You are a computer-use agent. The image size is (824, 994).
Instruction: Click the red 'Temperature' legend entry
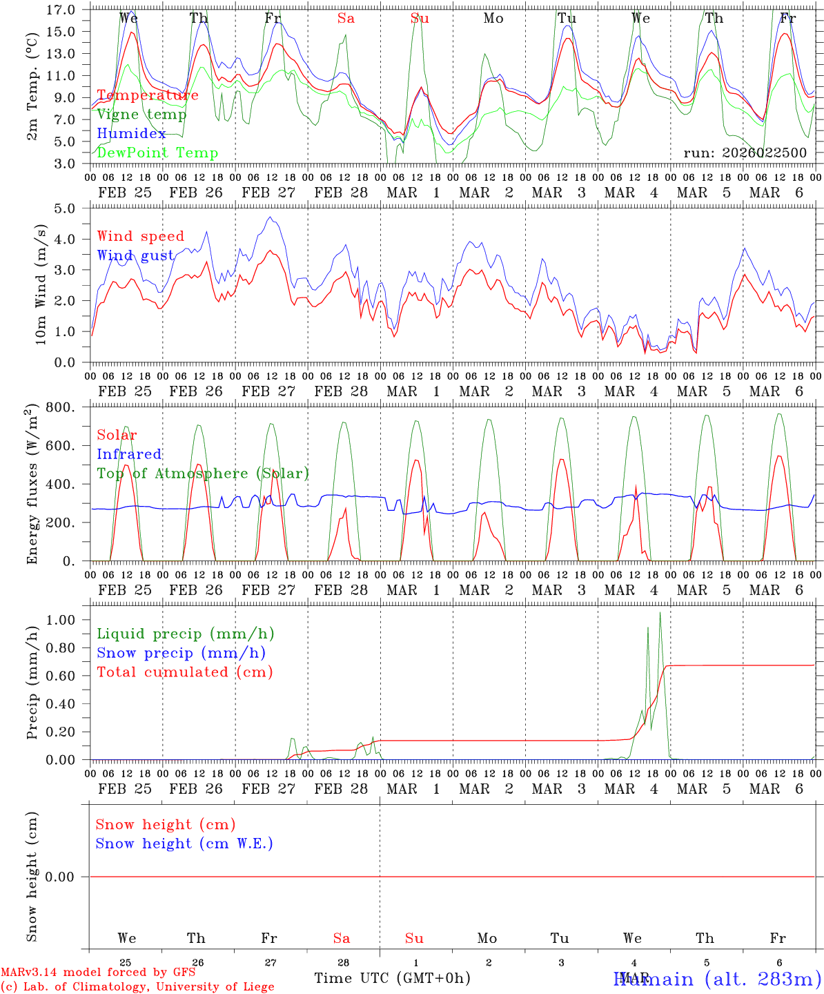coord(148,95)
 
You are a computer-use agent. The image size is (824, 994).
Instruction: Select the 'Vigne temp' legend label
coord(141,115)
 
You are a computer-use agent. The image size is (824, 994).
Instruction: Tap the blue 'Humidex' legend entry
coord(131,134)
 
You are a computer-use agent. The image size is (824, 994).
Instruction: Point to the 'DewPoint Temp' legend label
coord(157,153)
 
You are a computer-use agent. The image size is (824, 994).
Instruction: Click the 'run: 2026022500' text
coord(745,153)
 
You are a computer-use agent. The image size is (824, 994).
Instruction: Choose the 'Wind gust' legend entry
coord(135,255)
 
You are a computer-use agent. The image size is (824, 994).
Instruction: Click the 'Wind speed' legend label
coord(141,236)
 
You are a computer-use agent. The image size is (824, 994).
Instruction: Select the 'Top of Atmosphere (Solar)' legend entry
coord(203,474)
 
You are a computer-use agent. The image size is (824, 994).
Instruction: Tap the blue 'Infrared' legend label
coord(129,454)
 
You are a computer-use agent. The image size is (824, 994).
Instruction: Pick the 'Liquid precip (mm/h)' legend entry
coord(186,634)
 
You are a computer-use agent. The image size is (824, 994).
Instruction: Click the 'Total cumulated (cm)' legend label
coord(185,672)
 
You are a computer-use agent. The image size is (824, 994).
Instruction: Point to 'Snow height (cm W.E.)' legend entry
coord(184,844)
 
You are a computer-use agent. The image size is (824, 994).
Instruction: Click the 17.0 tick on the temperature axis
coord(61,10)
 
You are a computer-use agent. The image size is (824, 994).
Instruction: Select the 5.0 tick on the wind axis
coord(64,208)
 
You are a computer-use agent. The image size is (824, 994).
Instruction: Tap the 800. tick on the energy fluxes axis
coord(61,407)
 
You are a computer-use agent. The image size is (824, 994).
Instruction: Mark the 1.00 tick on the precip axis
coord(61,620)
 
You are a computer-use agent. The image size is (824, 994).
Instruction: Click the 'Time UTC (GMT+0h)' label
coord(392,978)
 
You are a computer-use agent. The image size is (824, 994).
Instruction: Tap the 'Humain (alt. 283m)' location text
coord(718,979)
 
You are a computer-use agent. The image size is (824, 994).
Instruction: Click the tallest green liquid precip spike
coord(660,613)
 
